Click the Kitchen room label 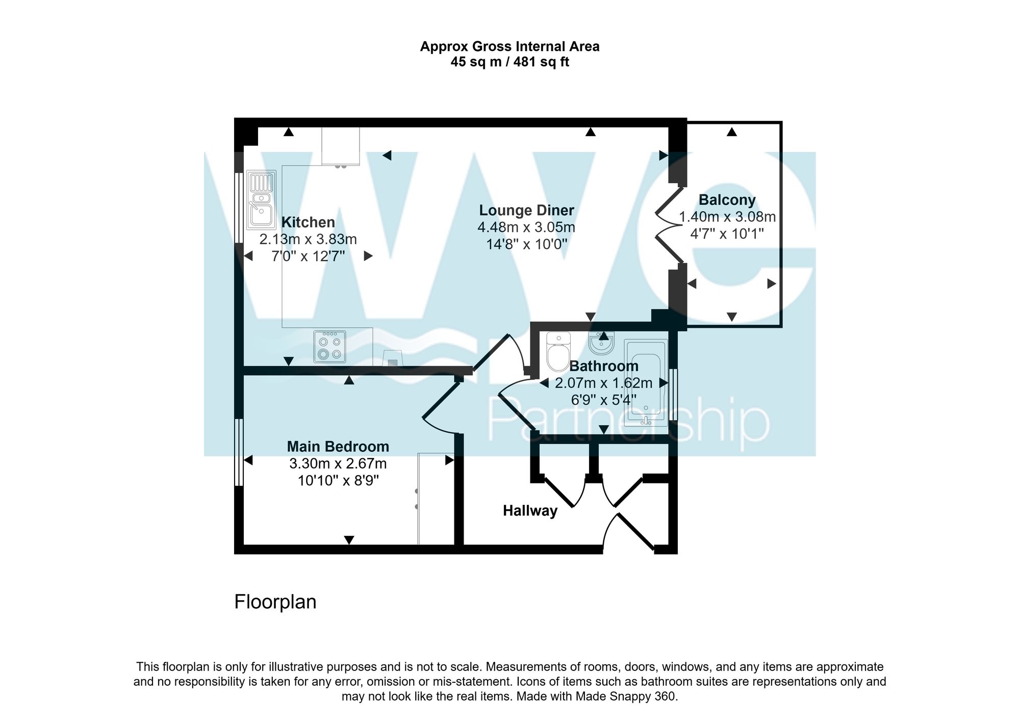[x=308, y=222]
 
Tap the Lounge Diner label [x=526, y=210]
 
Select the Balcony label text [x=727, y=200]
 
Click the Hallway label [x=530, y=510]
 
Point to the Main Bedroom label [x=338, y=447]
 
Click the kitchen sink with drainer [x=261, y=199]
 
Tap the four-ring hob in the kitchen [x=329, y=347]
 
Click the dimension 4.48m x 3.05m [x=526, y=227]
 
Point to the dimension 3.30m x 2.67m [x=338, y=464]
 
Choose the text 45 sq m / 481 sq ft [x=509, y=62]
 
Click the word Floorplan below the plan [x=275, y=602]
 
